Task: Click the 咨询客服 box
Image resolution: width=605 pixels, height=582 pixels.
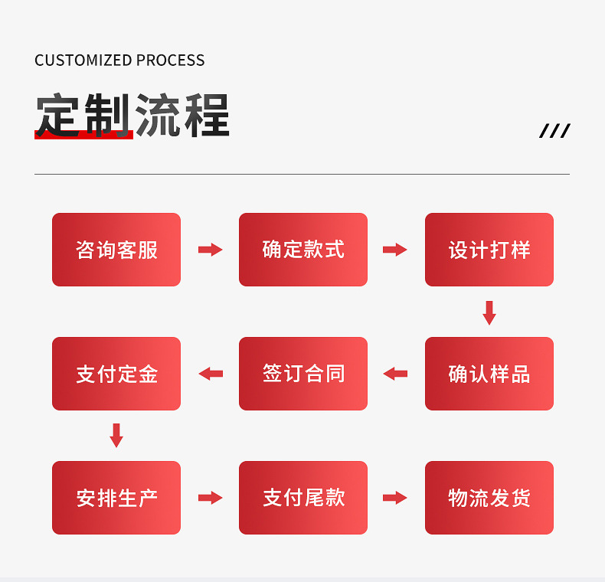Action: (116, 250)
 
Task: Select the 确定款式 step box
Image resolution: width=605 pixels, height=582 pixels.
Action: (303, 250)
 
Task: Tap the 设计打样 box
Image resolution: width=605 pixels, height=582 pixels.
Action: (489, 250)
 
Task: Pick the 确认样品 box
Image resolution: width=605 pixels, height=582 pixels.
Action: (489, 374)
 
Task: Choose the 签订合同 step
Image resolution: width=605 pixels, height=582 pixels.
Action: (303, 374)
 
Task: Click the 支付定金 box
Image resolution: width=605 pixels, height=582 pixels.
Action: (116, 374)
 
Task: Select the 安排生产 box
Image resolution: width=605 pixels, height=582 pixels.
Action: (116, 498)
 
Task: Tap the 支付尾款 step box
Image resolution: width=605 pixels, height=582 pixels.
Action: (303, 498)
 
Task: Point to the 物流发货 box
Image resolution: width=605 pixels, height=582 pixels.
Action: (489, 498)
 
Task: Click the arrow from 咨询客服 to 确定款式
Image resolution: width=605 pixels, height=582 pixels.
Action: (210, 250)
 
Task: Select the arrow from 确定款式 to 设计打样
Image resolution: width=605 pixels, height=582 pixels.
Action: (395, 250)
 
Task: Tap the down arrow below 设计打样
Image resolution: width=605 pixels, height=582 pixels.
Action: (489, 312)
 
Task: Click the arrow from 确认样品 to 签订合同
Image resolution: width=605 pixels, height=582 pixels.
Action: (395, 374)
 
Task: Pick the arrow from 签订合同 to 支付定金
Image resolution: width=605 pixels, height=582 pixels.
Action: (210, 374)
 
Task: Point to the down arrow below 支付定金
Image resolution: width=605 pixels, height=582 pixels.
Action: (116, 436)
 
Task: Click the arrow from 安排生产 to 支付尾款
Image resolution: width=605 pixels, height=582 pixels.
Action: (210, 498)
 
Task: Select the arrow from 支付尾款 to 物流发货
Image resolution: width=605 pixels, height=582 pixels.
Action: (395, 498)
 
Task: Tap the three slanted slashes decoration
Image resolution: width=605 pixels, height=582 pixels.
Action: (554, 131)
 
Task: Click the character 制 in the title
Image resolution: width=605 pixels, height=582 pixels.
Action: (107, 115)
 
